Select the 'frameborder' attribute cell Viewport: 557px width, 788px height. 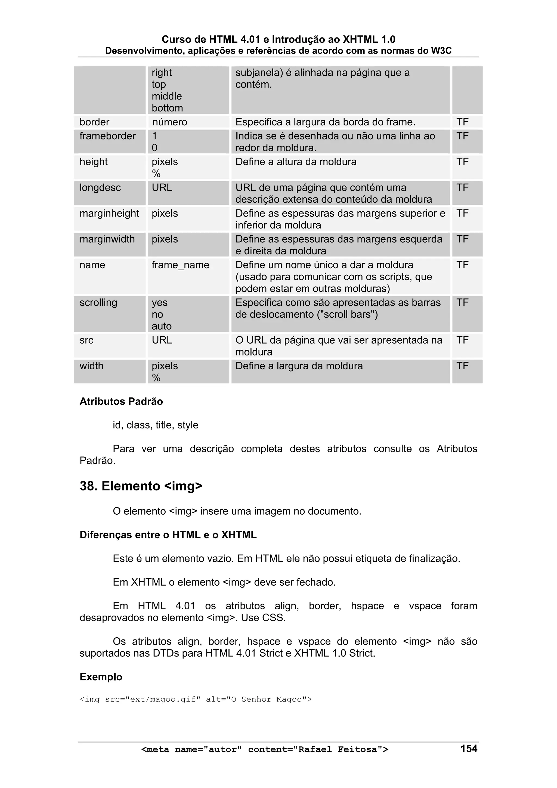pyautogui.click(x=107, y=136)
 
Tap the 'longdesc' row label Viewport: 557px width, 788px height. pyautogui.click(x=100, y=188)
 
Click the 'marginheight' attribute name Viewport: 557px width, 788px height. pyautogui.click(x=109, y=214)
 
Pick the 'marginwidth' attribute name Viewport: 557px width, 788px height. pyautogui.click(x=107, y=239)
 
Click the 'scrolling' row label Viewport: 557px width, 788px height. pyautogui.click(x=98, y=303)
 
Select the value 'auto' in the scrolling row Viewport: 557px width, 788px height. pyautogui.click(x=162, y=326)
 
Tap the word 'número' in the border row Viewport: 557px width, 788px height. pyautogui.click(x=169, y=122)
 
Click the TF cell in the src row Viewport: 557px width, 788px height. pyautogui.click(x=462, y=340)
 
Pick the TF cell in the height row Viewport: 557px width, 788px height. pyautogui.click(x=462, y=162)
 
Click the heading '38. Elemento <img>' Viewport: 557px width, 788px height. pyautogui.click(x=141, y=486)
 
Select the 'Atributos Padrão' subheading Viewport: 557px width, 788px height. pyautogui.click(x=121, y=401)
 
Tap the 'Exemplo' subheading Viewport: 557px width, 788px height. pyautogui.click(x=101, y=677)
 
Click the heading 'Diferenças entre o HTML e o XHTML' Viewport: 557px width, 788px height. pyautogui.click(x=168, y=535)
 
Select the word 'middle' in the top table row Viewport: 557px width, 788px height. pyautogui.click(x=167, y=96)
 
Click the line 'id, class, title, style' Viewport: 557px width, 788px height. pyautogui.click(x=156, y=425)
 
